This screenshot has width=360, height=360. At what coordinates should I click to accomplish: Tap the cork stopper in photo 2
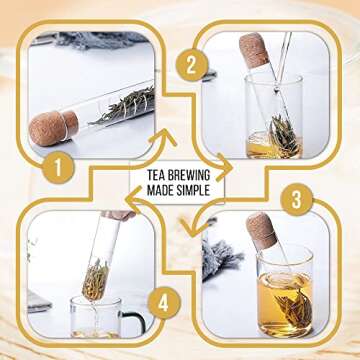254,50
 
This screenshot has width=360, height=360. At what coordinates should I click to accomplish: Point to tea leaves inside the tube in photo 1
126,101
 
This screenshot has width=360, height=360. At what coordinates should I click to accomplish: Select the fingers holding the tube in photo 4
119,214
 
